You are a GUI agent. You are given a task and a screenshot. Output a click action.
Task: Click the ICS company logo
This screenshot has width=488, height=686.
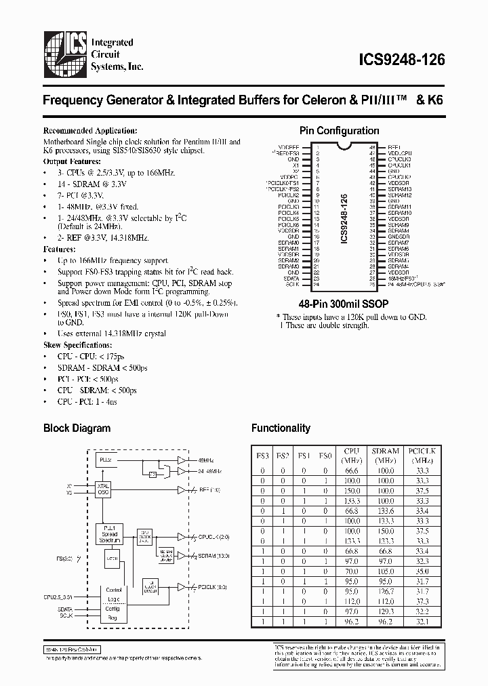pos(67,52)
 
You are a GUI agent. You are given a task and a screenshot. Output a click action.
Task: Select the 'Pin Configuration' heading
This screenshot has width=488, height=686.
pos(339,131)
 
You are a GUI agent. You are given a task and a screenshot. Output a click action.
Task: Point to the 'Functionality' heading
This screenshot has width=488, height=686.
pos(281,428)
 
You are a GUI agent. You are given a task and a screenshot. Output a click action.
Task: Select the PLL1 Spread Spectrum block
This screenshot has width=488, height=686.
pos(109,533)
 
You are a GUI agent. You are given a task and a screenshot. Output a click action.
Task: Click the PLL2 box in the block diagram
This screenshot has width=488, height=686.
pos(106,460)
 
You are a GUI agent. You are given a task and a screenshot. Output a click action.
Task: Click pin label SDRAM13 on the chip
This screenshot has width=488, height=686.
pos(399,189)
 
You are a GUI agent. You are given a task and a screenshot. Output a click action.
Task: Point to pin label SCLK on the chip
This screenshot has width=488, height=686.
pos(292,284)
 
